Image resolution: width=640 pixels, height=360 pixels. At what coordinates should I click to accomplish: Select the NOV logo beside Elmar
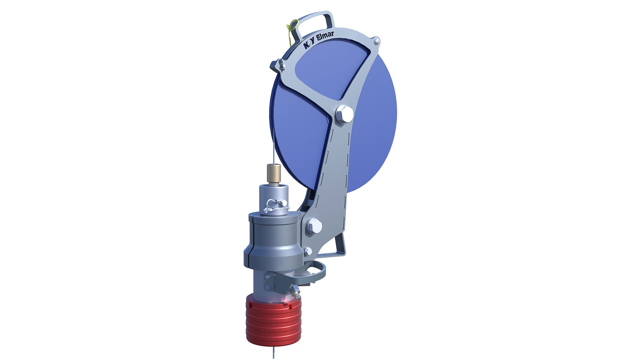(309, 44)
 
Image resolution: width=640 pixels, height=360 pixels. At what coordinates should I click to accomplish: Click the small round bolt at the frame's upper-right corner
(377, 41)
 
